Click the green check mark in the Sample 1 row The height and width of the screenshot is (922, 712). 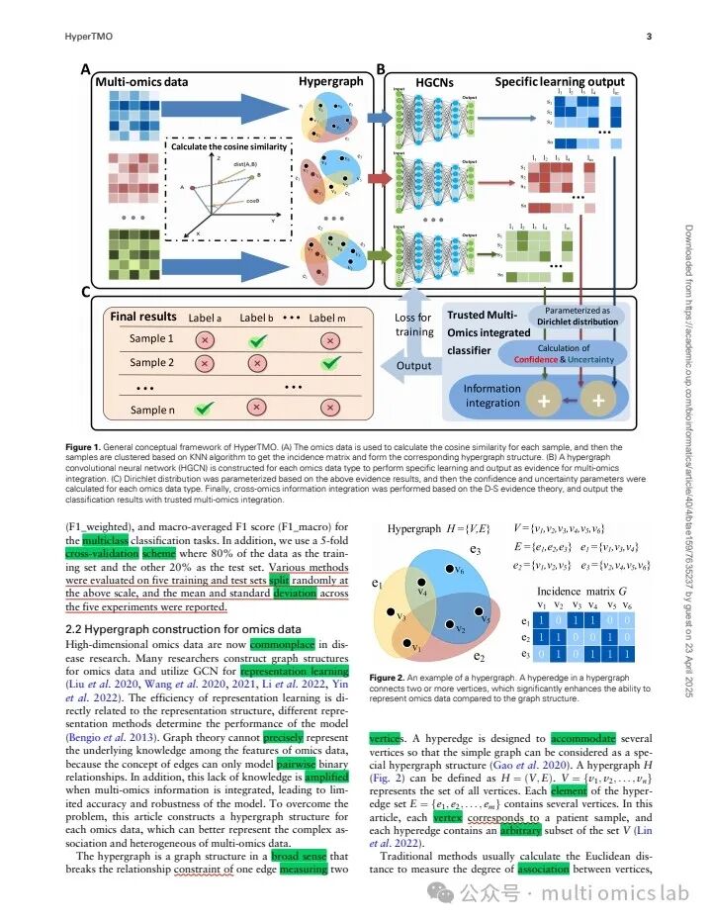260,338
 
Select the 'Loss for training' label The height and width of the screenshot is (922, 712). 413,324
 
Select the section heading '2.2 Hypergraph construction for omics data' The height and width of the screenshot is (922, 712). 183,628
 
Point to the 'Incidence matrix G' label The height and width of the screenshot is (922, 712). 578,590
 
